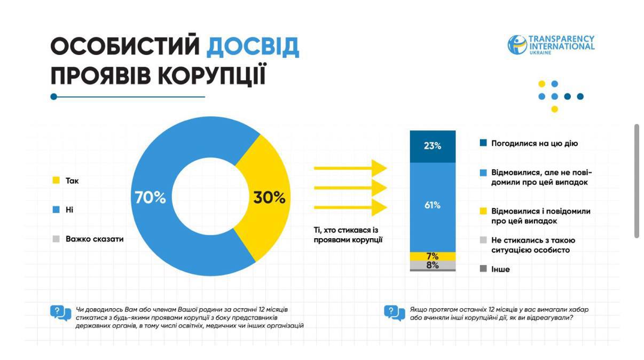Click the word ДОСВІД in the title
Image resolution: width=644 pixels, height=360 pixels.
click(x=253, y=47)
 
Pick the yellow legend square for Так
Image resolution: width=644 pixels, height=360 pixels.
click(x=56, y=181)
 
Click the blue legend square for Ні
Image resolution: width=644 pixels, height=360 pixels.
click(x=56, y=210)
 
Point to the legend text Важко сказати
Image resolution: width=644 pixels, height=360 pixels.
click(x=95, y=239)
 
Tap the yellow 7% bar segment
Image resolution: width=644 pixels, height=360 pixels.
click(x=433, y=256)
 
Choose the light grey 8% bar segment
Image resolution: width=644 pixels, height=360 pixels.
click(x=433, y=265)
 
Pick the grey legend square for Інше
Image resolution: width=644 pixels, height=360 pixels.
click(x=483, y=269)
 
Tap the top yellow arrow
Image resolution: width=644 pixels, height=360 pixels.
click(x=350, y=168)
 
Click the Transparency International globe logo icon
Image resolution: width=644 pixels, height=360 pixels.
click(x=517, y=45)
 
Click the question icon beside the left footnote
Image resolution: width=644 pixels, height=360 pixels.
click(x=60, y=313)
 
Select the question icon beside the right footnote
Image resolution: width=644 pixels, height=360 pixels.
click(x=394, y=313)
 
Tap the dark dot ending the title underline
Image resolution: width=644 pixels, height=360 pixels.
click(x=53, y=97)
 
